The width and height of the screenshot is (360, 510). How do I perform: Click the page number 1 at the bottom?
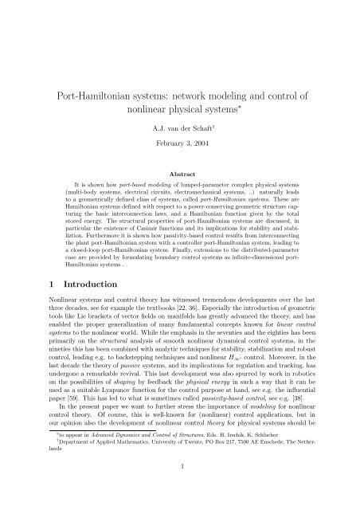(x=180, y=487)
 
